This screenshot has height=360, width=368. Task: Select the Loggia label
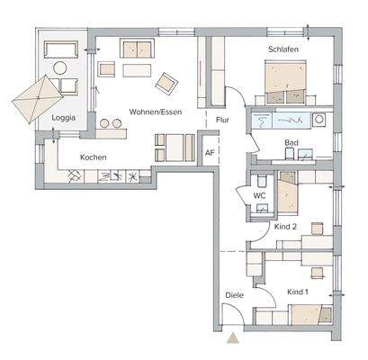(x=63, y=118)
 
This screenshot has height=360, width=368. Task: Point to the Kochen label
(x=94, y=157)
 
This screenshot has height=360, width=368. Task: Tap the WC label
(x=258, y=193)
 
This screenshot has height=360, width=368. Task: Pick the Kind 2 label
(x=286, y=227)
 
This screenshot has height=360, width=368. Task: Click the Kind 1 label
(x=298, y=292)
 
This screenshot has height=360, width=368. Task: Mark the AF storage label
(x=210, y=152)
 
